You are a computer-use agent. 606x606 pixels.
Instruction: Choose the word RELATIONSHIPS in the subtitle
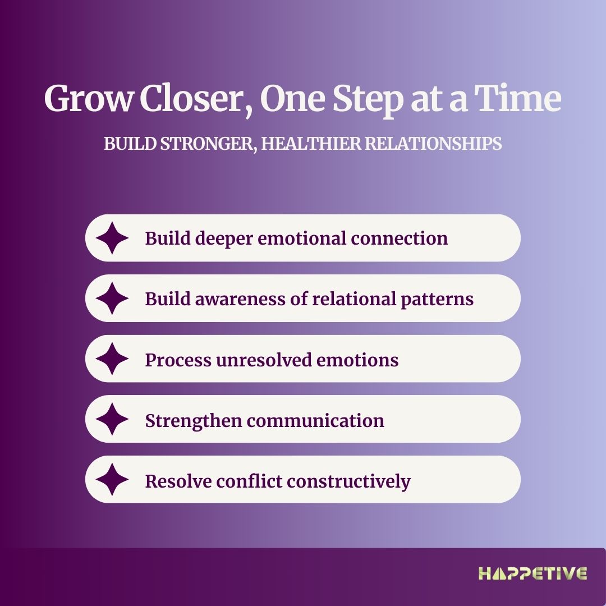[x=433, y=144]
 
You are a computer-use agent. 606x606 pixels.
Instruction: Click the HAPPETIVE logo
[x=532, y=573]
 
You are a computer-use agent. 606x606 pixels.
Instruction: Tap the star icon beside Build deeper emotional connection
[x=112, y=238]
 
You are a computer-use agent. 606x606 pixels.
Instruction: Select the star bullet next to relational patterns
[x=112, y=299]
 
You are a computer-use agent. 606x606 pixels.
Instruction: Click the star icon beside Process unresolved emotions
[x=112, y=359]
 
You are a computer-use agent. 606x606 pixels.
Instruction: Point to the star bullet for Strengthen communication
[x=112, y=419]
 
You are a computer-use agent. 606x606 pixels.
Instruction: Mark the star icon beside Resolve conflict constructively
[x=112, y=479]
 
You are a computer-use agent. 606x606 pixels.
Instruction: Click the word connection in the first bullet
[x=400, y=238]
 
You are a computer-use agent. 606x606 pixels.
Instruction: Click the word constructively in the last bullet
[x=348, y=482]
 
